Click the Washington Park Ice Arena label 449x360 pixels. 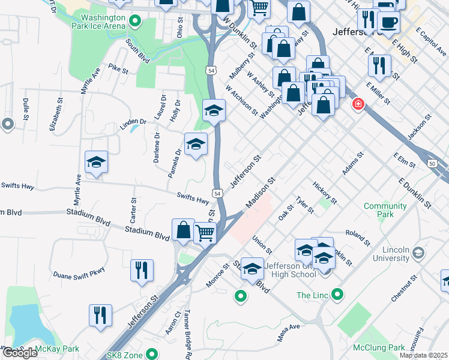(x=95, y=22)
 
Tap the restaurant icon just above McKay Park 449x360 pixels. (x=100, y=314)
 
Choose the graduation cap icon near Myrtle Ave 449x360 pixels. (x=96, y=162)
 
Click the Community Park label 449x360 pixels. (x=385, y=210)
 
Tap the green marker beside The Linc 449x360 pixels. (x=338, y=295)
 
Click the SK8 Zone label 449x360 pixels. (x=125, y=355)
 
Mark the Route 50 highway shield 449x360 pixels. (x=432, y=163)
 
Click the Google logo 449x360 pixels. (x=19, y=353)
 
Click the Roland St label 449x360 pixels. (x=358, y=238)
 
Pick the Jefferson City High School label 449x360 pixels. (x=290, y=270)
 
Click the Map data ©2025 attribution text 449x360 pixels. (x=423, y=355)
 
